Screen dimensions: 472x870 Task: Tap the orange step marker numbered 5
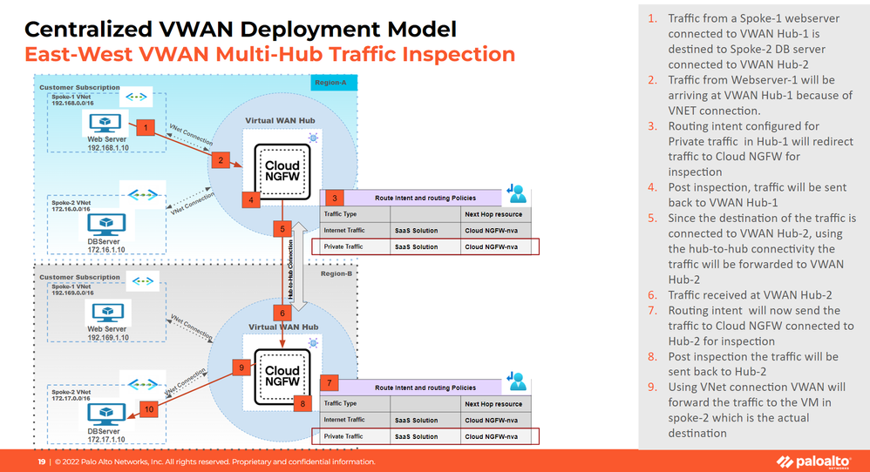click(x=282, y=230)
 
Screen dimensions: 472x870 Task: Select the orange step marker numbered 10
click(x=148, y=408)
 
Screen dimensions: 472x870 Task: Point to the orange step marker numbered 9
click(x=243, y=367)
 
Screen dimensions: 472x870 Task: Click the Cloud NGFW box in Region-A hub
click(x=282, y=172)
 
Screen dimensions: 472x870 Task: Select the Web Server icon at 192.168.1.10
click(x=108, y=121)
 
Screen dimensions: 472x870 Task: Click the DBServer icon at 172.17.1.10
click(x=108, y=413)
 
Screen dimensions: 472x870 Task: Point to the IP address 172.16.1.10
click(x=107, y=249)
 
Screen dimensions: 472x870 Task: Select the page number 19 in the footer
click(x=40, y=462)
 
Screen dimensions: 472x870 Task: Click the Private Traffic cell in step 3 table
click(x=343, y=246)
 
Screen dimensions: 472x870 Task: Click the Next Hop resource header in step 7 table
click(x=493, y=404)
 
